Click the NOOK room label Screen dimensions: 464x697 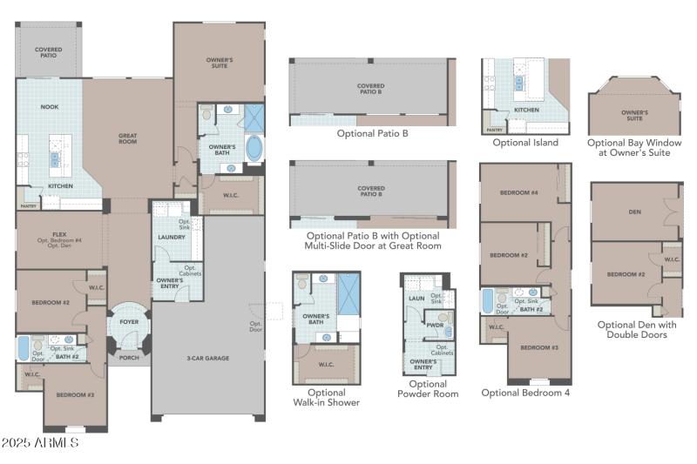tap(49, 107)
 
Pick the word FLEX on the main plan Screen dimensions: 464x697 tap(59, 233)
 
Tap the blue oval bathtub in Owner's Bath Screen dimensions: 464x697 tap(254, 147)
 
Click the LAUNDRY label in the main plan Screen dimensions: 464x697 tap(169, 237)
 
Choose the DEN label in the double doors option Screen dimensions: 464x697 tap(634, 211)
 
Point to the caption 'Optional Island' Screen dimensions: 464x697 tap(525, 142)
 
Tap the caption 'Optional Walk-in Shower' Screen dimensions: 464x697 tap(326, 397)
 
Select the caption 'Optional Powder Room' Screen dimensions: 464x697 tap(427, 388)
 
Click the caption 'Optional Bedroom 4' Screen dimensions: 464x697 tap(525, 393)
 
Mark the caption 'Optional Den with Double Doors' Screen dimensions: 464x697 tap(637, 330)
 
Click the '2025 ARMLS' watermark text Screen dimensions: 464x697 tap(41, 443)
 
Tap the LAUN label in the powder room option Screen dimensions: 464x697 tap(416, 298)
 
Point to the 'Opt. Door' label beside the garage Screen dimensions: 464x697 tap(256, 326)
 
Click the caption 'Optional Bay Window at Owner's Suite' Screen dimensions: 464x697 tap(634, 147)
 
